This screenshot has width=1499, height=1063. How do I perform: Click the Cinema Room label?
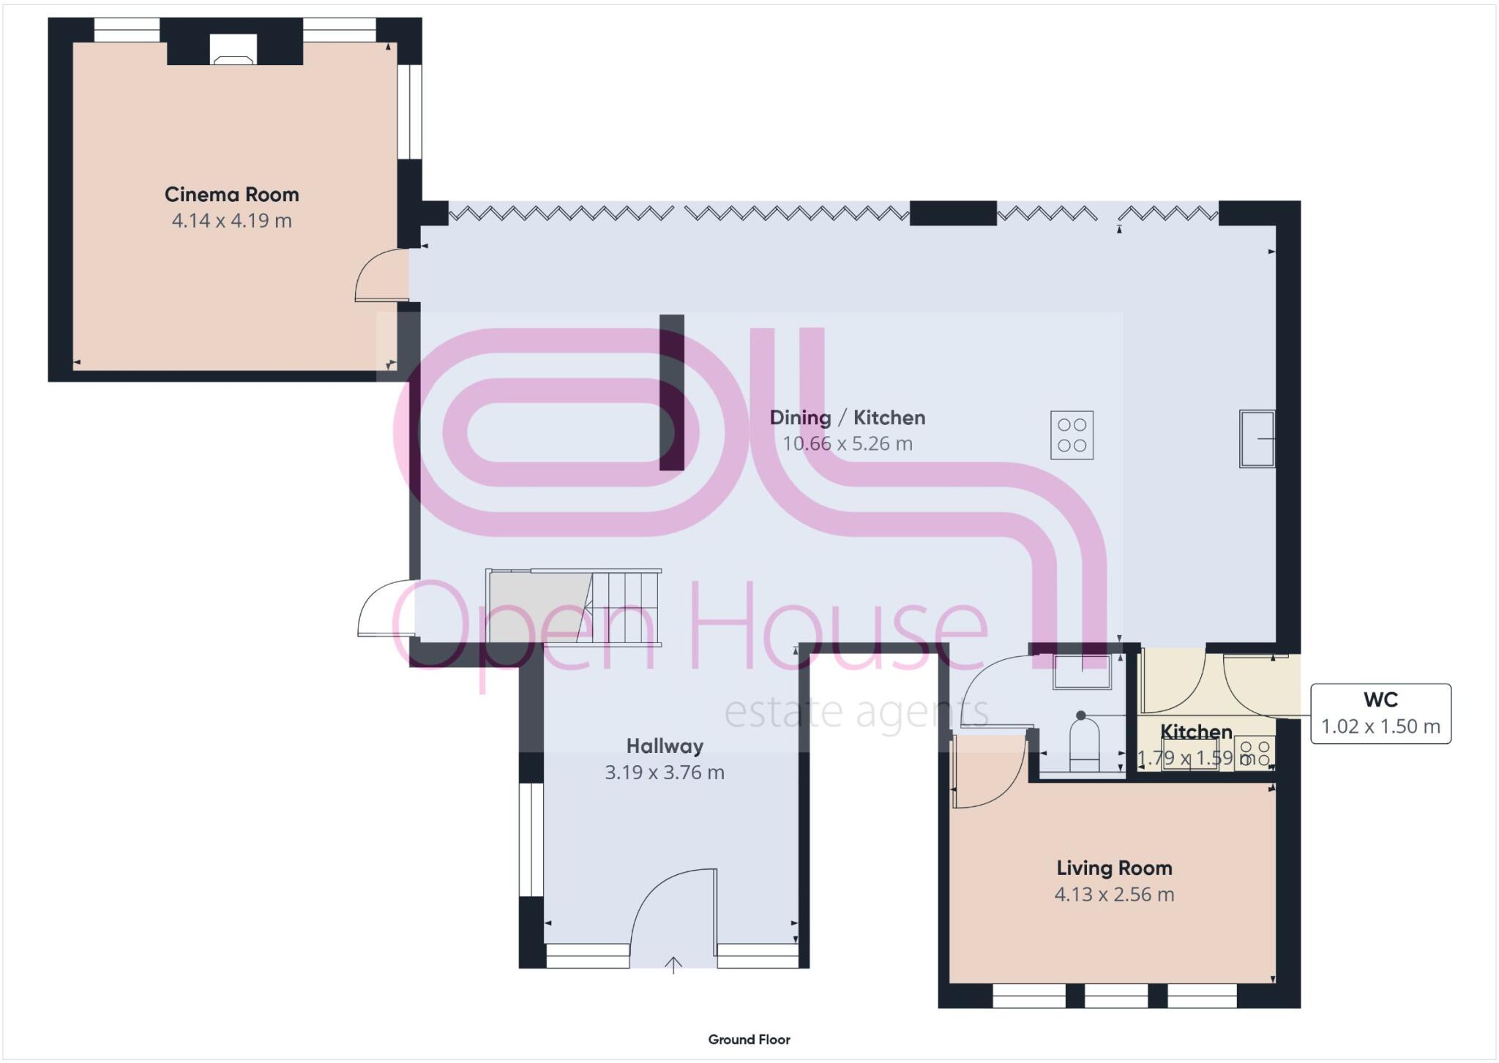(x=231, y=195)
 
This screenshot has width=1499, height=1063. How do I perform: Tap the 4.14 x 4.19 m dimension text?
(x=231, y=220)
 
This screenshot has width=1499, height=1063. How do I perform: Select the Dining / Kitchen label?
(x=847, y=418)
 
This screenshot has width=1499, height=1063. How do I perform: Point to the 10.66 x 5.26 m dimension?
(x=847, y=443)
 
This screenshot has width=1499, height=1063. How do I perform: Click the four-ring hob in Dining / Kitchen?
(x=1072, y=435)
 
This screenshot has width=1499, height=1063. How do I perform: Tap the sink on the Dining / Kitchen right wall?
(x=1256, y=439)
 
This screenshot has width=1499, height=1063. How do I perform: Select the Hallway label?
(x=665, y=746)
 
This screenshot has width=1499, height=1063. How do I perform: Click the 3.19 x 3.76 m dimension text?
(x=665, y=773)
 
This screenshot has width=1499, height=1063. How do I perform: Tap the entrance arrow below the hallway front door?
(x=673, y=966)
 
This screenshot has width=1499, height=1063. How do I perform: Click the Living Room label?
(x=1114, y=868)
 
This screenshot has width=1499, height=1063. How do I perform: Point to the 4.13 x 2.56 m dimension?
(x=1114, y=895)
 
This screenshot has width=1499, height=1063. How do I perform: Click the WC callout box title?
(x=1380, y=700)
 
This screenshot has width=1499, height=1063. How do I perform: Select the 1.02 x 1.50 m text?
(x=1380, y=726)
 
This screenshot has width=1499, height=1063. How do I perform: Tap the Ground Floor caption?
(x=749, y=1040)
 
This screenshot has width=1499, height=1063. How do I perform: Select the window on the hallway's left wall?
(x=531, y=840)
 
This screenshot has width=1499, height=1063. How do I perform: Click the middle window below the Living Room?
(x=1115, y=996)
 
